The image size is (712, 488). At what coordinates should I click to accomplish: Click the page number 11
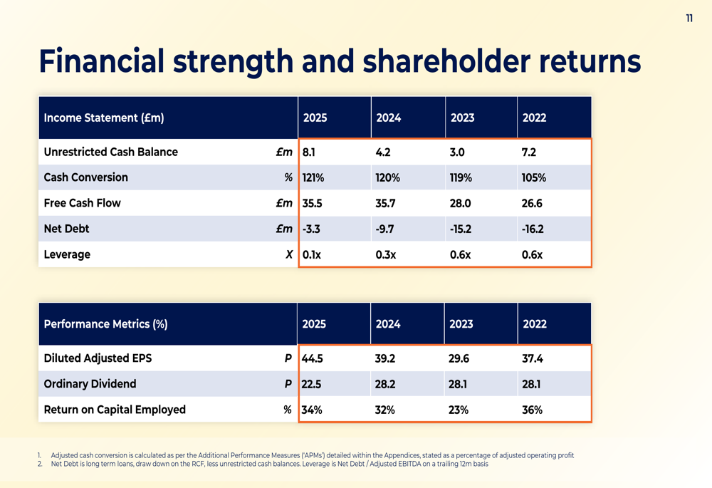click(689, 19)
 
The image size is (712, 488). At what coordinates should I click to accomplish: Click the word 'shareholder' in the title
click(447, 62)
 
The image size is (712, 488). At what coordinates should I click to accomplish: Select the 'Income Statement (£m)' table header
click(104, 118)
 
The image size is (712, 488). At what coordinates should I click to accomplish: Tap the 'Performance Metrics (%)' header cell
click(105, 324)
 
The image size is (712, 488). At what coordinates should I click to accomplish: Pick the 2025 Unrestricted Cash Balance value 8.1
click(309, 152)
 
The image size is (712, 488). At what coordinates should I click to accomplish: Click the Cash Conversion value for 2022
click(533, 177)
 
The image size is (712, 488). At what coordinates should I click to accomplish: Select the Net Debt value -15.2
click(460, 229)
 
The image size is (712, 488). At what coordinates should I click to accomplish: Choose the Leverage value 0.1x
click(312, 254)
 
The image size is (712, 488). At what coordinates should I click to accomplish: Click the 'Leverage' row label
click(67, 254)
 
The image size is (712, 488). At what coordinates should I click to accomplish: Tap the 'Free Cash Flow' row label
click(82, 203)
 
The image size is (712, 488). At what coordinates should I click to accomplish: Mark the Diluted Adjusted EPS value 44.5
click(313, 358)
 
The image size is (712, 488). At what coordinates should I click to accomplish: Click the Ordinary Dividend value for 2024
click(385, 384)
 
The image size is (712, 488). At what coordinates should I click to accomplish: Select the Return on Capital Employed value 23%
click(459, 410)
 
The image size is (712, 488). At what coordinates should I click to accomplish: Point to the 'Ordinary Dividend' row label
click(90, 384)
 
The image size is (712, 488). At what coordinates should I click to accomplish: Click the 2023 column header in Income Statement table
click(462, 118)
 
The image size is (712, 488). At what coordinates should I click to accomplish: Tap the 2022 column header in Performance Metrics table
click(535, 324)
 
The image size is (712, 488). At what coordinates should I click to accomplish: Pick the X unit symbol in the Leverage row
click(288, 254)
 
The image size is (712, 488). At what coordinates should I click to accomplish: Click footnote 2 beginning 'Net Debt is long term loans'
click(269, 464)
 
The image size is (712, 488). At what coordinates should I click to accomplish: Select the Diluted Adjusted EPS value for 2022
click(533, 358)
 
